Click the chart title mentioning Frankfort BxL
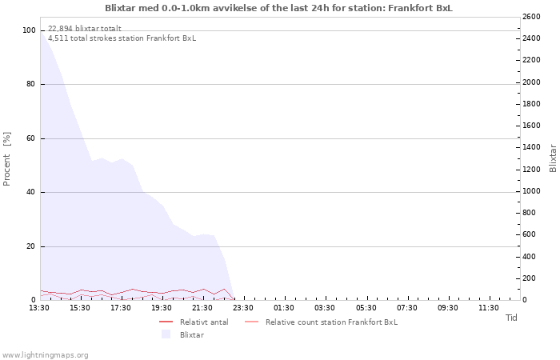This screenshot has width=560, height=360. (x=278, y=8)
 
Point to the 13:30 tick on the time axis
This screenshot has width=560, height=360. (x=39, y=308)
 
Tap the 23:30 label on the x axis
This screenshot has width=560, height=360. (x=243, y=308)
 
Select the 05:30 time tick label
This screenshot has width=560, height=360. (x=366, y=308)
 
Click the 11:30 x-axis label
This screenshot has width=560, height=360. (x=489, y=308)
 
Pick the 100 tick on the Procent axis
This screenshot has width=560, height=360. (x=29, y=30)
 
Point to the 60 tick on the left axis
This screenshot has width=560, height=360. (x=31, y=138)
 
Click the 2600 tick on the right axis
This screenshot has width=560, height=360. (x=531, y=17)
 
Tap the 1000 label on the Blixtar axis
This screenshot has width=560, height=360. (x=531, y=191)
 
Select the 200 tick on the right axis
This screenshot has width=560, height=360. (x=529, y=278)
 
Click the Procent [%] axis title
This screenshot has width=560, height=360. (x=6, y=159)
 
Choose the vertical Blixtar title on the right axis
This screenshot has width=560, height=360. (x=553, y=158)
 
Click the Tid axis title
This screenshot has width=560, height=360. (x=511, y=318)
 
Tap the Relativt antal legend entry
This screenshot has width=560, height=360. (x=194, y=322)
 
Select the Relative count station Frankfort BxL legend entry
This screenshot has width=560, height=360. (x=321, y=322)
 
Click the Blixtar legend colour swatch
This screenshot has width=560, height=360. (x=166, y=334)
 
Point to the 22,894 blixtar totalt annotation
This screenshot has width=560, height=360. (x=85, y=28)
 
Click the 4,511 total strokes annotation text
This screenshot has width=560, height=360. (x=122, y=38)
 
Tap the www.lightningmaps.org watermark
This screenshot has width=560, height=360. (x=45, y=355)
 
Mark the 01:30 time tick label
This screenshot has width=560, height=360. (x=284, y=308)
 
